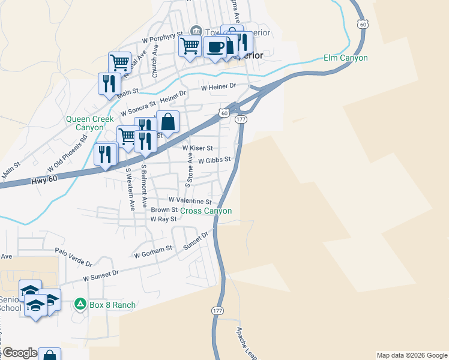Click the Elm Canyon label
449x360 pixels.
coord(345,58)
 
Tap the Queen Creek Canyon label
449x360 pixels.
coord(89,123)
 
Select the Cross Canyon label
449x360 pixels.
coord(206,211)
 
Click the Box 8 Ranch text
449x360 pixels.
coord(112,305)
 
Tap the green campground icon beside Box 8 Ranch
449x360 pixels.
coord(80,305)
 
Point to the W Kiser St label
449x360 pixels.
coord(197,148)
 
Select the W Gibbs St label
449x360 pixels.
coord(214,160)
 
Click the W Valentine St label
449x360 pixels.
coord(190,200)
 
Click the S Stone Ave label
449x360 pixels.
coord(189,168)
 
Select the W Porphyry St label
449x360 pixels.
coord(161,38)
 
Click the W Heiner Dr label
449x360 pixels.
coord(219,87)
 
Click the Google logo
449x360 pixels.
coord(20,353)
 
